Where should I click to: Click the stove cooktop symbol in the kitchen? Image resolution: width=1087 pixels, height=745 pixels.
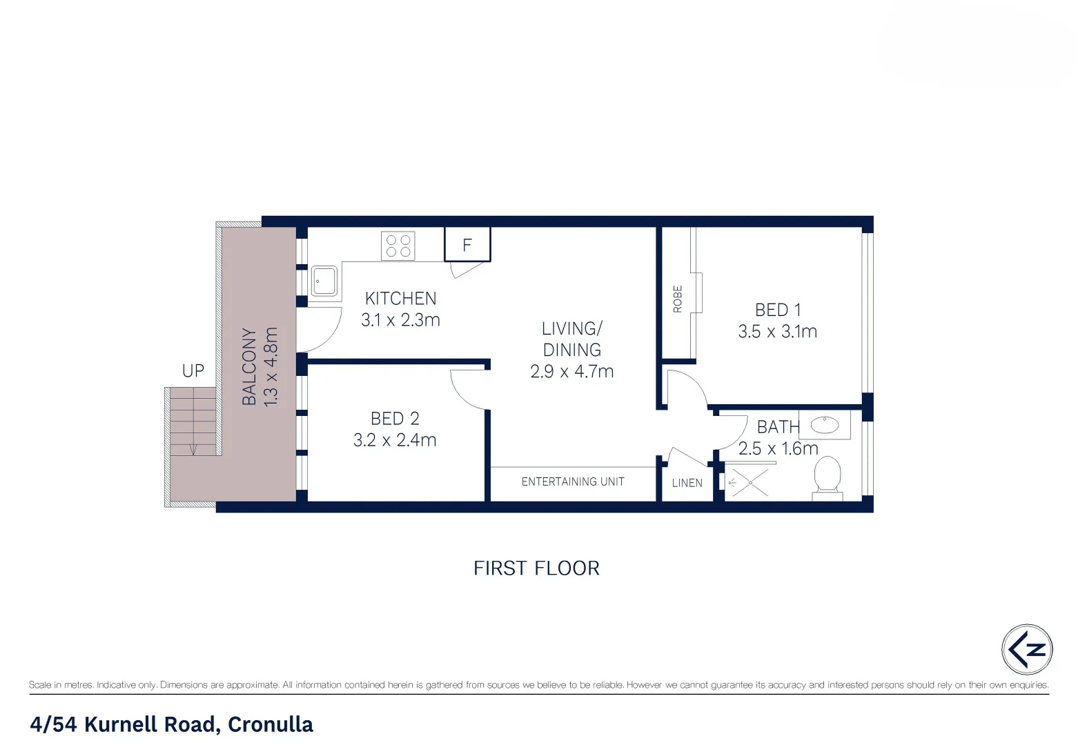[x=398, y=246]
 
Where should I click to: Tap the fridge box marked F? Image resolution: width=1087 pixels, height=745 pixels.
[x=467, y=244]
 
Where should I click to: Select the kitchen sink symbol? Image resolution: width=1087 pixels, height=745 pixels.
[x=324, y=281]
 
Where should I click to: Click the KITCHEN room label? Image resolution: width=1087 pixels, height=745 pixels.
[x=400, y=299]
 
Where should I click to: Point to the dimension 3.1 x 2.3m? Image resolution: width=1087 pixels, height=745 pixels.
[x=400, y=320]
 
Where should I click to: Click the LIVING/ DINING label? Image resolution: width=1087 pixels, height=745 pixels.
[x=571, y=339]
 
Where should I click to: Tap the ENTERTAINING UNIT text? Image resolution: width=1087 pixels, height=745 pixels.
[x=573, y=482]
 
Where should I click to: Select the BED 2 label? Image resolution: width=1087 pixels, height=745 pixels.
[x=395, y=419]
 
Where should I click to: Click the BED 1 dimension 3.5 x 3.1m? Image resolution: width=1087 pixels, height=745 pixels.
[x=777, y=332]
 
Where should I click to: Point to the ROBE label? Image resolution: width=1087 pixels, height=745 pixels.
[x=678, y=299]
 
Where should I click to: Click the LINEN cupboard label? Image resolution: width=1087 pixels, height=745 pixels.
[x=687, y=483]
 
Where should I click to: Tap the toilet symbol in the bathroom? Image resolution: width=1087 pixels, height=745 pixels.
[x=828, y=477]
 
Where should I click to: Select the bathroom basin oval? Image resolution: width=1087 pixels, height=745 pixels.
[x=824, y=424]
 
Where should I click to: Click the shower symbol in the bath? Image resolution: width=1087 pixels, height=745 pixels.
[x=749, y=482]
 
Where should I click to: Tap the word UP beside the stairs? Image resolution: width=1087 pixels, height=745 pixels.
[x=193, y=371]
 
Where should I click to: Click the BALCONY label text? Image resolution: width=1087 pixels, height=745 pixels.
[x=249, y=366]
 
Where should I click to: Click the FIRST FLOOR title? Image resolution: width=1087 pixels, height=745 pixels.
[x=536, y=568]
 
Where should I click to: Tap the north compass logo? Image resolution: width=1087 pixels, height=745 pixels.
[x=1027, y=649]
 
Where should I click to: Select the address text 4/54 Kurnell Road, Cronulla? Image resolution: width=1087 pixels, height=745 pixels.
[x=171, y=724]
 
